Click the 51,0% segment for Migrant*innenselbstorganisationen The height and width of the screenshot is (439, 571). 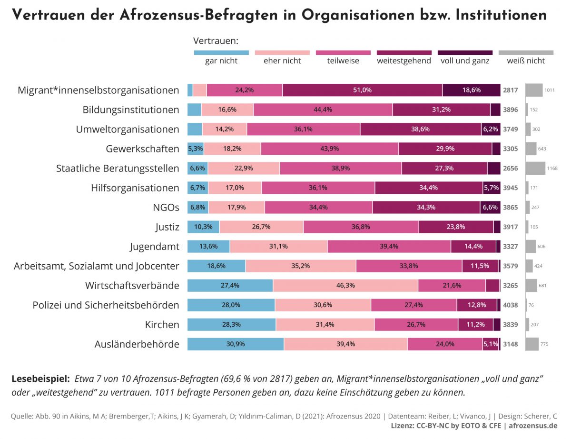pyautogui.click(x=362, y=90)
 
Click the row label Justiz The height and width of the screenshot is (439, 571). pyautogui.click(x=167, y=227)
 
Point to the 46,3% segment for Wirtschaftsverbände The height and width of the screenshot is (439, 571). pyautogui.click(x=345, y=285)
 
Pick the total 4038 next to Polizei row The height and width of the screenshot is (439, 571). pyautogui.click(x=511, y=305)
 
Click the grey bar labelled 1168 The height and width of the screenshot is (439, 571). pyautogui.click(x=535, y=168)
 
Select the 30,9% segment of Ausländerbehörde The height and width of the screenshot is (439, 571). pyautogui.click(x=236, y=344)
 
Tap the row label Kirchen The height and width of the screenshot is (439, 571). pyautogui.click(x=162, y=325)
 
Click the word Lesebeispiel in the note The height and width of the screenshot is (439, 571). pyautogui.click(x=40, y=379)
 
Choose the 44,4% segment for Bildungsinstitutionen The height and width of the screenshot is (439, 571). pyautogui.click(x=323, y=110)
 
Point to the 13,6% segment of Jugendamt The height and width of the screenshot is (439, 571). pyautogui.click(x=208, y=246)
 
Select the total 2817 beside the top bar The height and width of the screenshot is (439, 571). pyautogui.click(x=511, y=90)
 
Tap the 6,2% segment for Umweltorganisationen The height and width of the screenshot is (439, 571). pyautogui.click(x=491, y=129)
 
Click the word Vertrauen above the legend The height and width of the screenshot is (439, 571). pyautogui.click(x=216, y=41)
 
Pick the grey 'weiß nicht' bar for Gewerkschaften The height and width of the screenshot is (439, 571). pyautogui.click(x=531, y=149)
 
